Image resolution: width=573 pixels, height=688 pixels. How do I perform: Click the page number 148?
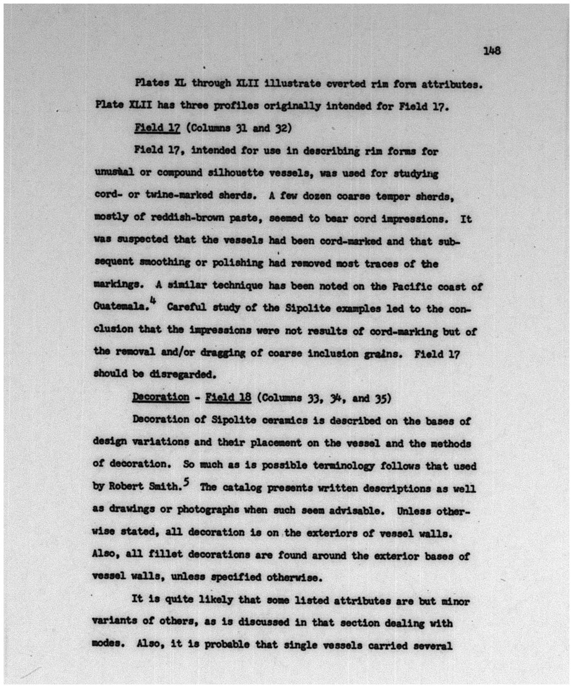pyautogui.click(x=491, y=50)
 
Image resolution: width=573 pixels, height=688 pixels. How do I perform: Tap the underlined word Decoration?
pyautogui.click(x=161, y=397)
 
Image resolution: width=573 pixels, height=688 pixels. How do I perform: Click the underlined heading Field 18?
pyautogui.click(x=228, y=397)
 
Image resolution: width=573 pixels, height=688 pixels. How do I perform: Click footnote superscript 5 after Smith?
pyautogui.click(x=187, y=482)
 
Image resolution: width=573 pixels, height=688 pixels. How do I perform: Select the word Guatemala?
pyautogui.click(x=121, y=308)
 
